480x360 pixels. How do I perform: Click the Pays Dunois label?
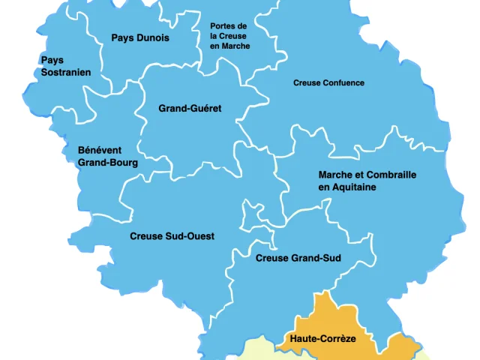pos(140,38)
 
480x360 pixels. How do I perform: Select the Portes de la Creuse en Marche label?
pos(229,36)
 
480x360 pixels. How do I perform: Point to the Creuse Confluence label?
pos(328,83)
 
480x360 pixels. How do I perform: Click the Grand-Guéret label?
pos(190,109)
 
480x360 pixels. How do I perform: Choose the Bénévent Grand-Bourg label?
pos(107,156)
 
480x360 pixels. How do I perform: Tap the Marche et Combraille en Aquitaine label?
pos(367,181)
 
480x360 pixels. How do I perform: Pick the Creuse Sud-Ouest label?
pos(172,236)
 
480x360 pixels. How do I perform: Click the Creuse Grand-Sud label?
pos(298,259)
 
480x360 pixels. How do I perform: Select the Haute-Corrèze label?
pos(322,339)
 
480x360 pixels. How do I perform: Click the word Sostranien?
pos(65,73)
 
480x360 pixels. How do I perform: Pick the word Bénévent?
pos(100,150)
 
